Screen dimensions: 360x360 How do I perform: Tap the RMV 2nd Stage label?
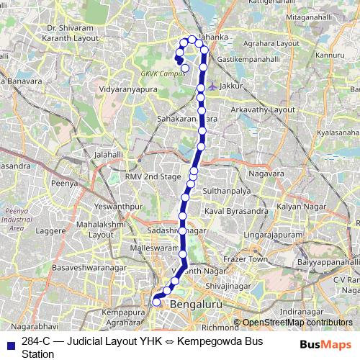pos(153,176)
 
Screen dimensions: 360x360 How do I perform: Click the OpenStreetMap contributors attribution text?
pos(297,323)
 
